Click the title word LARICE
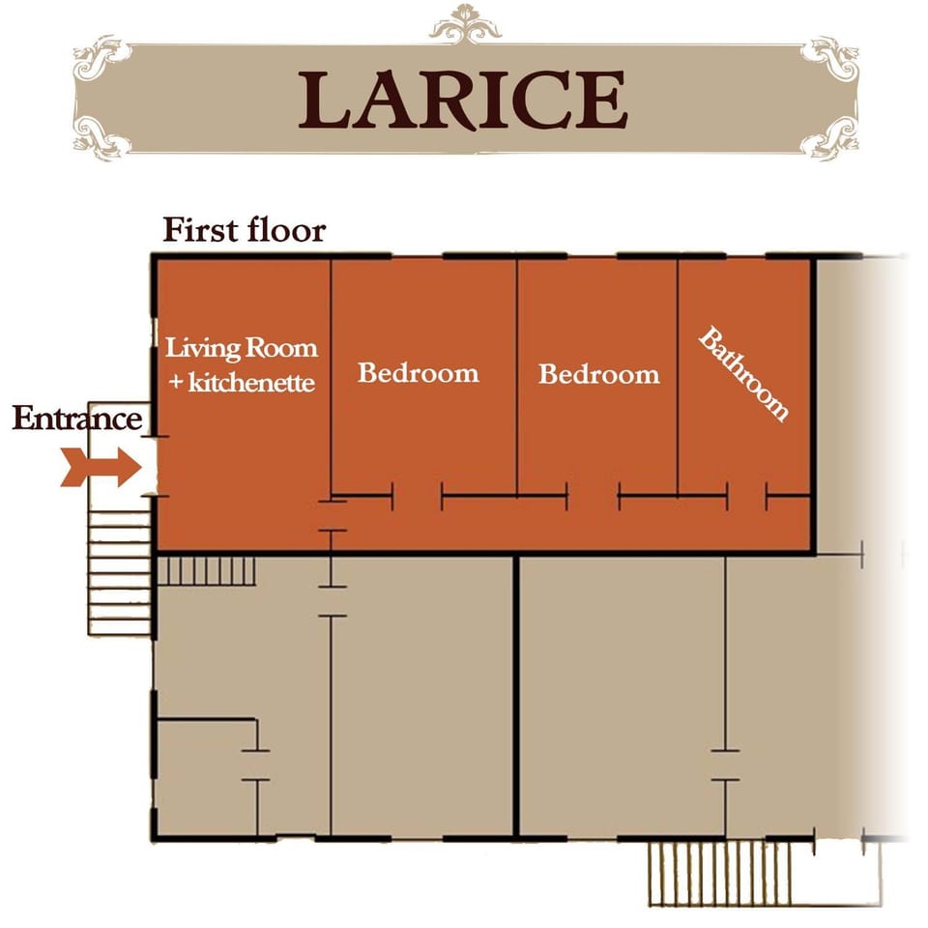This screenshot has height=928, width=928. coord(463,100)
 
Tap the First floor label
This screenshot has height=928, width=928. coord(244,231)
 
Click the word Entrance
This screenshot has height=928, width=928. coord(77,420)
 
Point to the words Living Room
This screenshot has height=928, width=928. coord(241,347)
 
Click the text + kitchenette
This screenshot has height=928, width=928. coord(241,383)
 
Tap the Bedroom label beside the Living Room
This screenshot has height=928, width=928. coord(418,373)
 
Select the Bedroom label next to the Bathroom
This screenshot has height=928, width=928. coord(598,374)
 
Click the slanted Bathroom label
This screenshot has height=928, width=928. coord(743,375)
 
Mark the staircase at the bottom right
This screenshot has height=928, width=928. coord(719,873)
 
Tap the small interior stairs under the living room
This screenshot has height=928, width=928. coord(205,570)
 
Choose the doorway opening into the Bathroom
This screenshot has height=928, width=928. coord(746,497)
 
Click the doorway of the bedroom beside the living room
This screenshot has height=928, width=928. coord(417,497)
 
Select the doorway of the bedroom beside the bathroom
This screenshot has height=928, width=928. coord(593,497)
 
